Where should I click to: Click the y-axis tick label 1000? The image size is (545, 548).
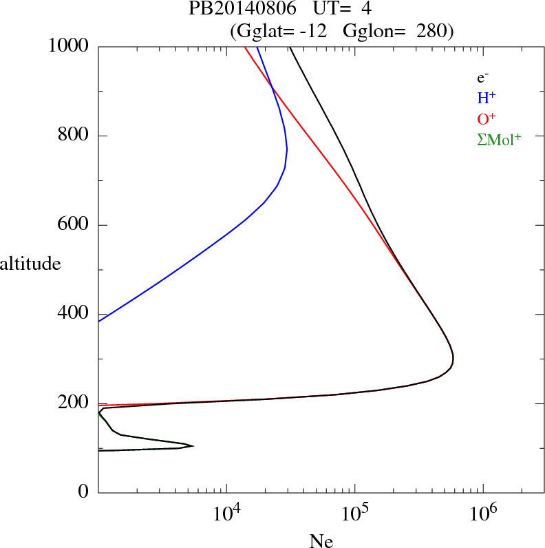pos(70,46)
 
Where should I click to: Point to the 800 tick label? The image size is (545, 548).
pos(75,136)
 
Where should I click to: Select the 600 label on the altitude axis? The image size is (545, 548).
pos(75,225)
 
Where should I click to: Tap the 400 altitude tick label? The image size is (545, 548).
pos(75,314)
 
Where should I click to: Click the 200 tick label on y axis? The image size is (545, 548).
pos(75,403)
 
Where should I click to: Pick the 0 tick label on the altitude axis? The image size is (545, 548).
pos(83,492)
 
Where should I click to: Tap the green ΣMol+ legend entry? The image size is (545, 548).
pos(499,140)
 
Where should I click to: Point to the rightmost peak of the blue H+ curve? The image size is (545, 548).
pos(287,149)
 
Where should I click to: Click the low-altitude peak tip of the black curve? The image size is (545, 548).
pos(193,446)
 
